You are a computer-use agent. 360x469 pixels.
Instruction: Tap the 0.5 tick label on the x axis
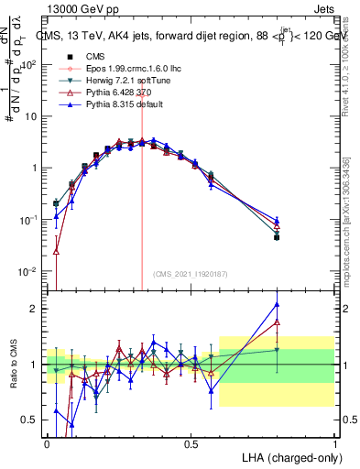tap(191, 443)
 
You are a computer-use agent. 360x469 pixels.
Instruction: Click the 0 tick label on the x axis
tap(48, 443)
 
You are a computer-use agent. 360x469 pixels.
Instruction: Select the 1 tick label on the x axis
tap(334, 443)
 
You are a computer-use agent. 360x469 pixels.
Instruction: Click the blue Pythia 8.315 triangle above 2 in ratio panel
tap(277, 305)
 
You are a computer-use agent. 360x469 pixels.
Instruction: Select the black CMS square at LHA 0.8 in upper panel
tap(277, 237)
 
